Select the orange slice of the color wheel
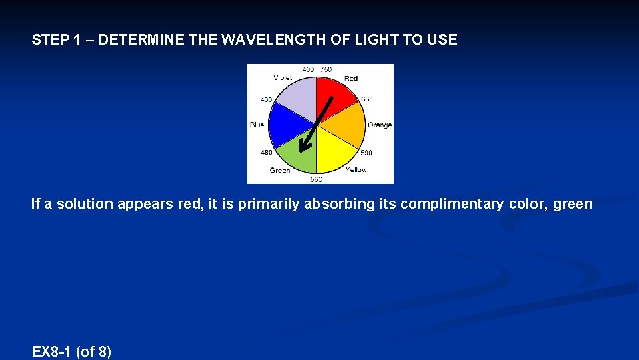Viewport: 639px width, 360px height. [347, 127]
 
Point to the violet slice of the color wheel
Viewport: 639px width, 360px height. [297, 97]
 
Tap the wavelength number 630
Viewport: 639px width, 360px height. [367, 99]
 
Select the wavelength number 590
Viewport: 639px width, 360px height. [366, 153]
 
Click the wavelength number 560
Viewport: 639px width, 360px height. [316, 179]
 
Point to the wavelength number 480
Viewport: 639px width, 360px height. [266, 152]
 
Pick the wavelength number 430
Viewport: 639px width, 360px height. [266, 100]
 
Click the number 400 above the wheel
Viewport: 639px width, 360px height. [308, 69]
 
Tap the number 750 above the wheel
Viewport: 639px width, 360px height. [326, 69]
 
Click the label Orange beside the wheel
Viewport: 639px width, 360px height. [380, 125]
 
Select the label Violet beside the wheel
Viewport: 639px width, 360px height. [283, 78]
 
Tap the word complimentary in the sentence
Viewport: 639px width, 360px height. [451, 204]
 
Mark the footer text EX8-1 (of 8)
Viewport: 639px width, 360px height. [71, 351]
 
